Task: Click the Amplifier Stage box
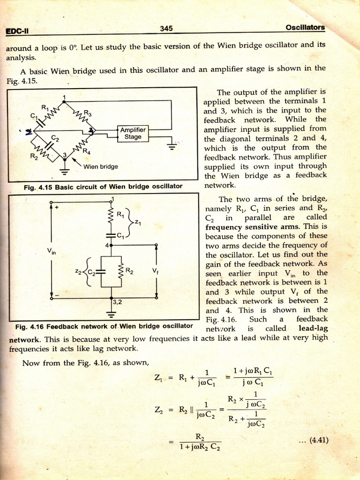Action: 133,133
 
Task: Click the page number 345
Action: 166,29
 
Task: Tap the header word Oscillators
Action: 305,27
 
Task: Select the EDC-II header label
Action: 17,31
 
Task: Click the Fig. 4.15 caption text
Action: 103,186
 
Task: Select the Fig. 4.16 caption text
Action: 104,326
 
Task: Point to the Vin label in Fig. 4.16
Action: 51,252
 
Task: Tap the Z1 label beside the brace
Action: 137,222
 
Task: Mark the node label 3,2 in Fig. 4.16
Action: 117,302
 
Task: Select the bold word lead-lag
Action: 313,329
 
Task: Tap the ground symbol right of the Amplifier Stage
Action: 172,146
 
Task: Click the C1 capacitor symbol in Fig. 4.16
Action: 112,234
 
